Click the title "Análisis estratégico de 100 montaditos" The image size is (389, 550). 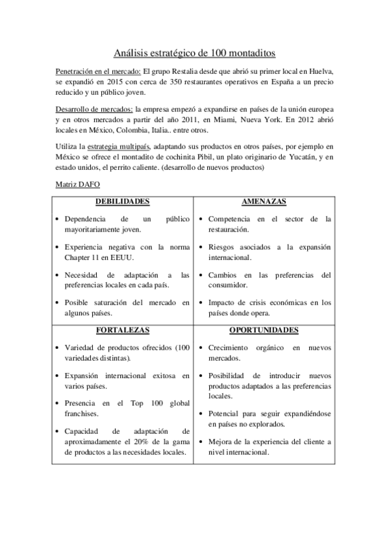click(194, 51)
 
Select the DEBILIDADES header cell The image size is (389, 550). click(124, 202)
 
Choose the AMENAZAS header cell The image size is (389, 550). click(264, 202)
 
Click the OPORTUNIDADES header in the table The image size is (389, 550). click(264, 330)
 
